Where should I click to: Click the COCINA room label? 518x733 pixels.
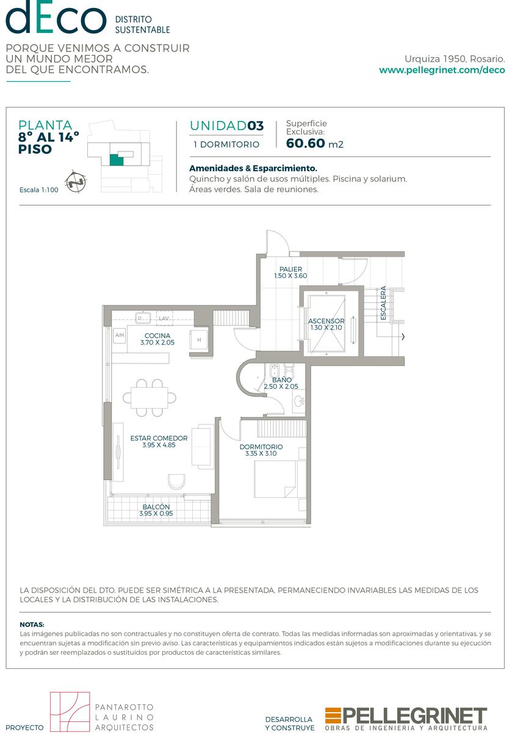tap(157, 336)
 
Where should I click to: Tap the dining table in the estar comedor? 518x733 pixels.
tap(149, 398)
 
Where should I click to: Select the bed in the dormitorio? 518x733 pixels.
tap(280, 480)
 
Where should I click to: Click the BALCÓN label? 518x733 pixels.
tap(156, 507)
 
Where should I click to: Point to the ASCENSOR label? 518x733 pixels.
tap(326, 321)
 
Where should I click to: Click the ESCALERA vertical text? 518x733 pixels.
tap(383, 303)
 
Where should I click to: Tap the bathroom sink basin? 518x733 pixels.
tap(300, 401)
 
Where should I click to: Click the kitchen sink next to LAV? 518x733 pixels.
tap(143, 318)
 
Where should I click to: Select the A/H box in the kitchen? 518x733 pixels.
tap(120, 335)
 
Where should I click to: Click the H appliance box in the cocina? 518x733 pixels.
tap(199, 340)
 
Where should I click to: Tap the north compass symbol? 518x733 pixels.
tap(76, 181)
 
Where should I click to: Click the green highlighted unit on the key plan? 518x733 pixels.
tap(117, 159)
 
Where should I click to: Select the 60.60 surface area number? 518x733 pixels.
tap(305, 144)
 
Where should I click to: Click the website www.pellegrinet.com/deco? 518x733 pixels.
tap(442, 70)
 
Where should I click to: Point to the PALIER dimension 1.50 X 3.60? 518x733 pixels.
tap(290, 276)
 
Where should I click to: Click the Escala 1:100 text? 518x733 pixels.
tap(39, 190)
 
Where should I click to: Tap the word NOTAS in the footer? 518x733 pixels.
tap(32, 625)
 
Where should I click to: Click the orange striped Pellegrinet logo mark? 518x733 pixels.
tap(333, 715)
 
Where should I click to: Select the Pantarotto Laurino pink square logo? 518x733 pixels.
tap(70, 712)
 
